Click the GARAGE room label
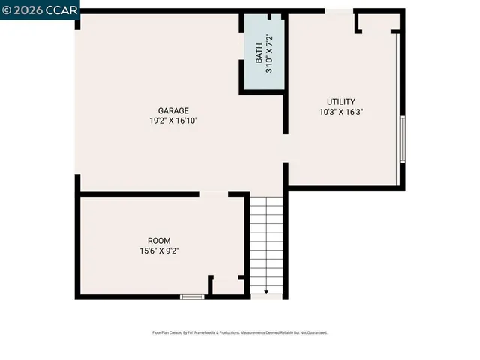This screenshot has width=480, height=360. point(173,110)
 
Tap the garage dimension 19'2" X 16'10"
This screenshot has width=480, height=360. point(173,121)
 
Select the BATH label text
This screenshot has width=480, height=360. point(259,53)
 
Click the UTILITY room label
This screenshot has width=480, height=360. point(340,102)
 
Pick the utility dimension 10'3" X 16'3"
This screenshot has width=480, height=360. point(341,112)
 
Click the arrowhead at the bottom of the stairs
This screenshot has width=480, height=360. point(267,292)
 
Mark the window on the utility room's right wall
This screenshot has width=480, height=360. point(403,139)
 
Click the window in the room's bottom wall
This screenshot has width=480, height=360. point(193,297)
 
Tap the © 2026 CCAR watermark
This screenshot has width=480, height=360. point(37,10)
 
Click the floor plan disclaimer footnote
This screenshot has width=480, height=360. point(240,332)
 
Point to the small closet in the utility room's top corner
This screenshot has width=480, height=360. point(375,22)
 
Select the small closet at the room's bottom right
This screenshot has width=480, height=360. point(227,286)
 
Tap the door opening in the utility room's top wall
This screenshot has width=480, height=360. point(339,10)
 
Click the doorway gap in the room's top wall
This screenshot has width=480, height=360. point(214,194)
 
